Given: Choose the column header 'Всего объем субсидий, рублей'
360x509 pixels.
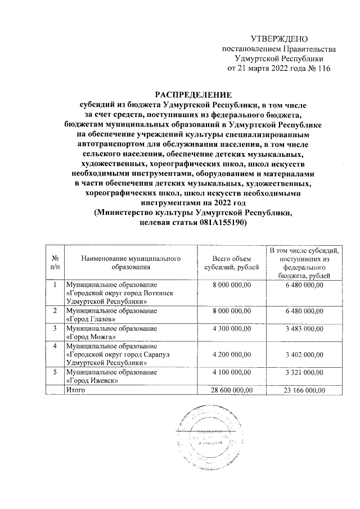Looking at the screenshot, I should [228, 262].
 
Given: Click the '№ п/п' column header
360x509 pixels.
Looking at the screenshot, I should [55, 262].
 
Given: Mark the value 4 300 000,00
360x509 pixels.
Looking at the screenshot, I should [228, 328].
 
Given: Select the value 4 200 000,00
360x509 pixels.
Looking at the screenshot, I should [228, 354].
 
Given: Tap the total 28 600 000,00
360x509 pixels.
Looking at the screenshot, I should [228, 389].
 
